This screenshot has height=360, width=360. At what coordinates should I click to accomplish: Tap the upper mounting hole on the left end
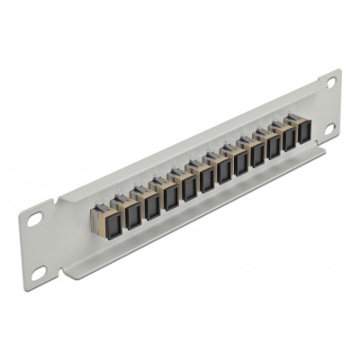tap(34, 218)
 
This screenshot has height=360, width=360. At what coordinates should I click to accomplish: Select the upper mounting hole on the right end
tap(331, 84)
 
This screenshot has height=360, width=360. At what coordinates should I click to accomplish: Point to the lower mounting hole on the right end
tap(330, 129)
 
